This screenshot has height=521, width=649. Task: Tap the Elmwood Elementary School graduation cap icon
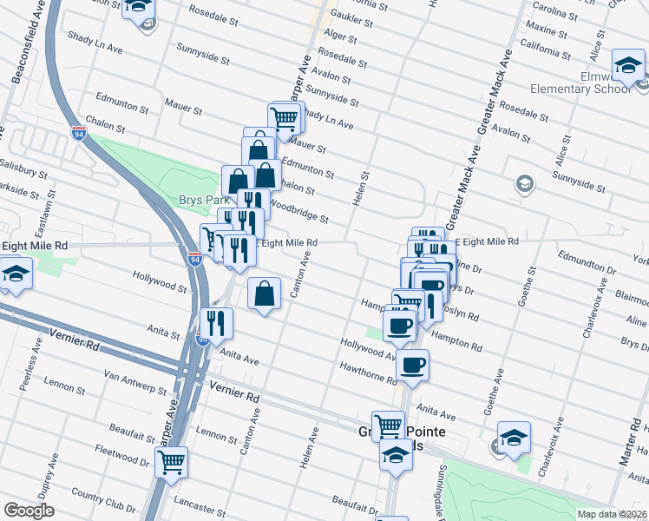(628, 65)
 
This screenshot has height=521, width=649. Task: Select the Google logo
(29, 511)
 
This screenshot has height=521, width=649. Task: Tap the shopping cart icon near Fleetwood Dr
(172, 461)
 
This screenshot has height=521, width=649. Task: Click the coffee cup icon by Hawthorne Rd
(413, 365)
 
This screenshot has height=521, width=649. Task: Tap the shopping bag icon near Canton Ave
(265, 293)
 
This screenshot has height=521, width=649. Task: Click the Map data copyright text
(611, 514)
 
